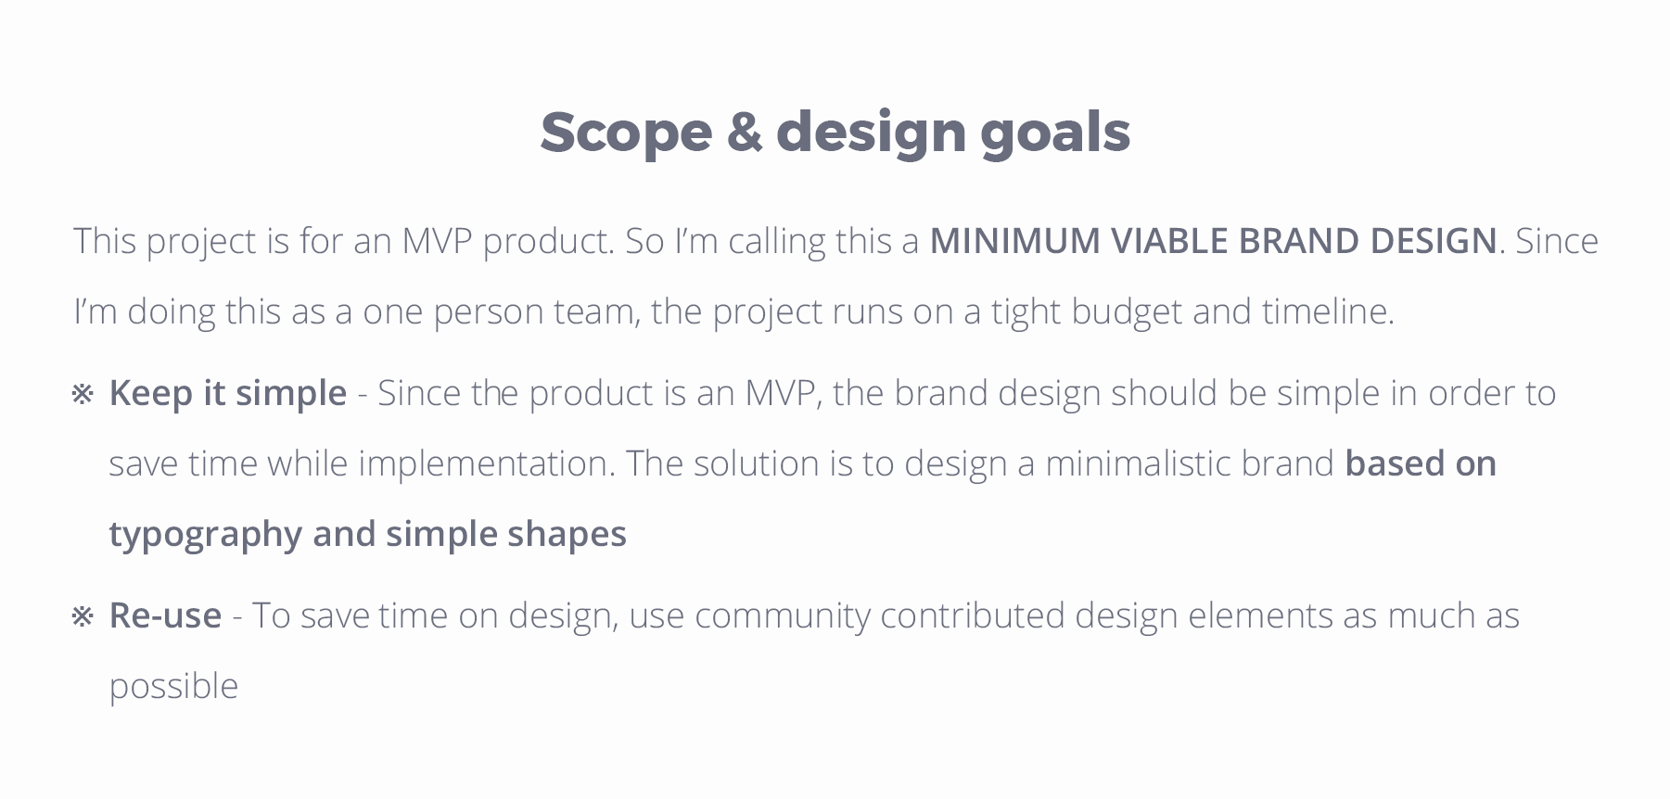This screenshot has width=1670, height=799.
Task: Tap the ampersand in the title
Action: click(x=745, y=132)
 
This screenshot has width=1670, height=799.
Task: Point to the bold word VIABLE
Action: click(x=1169, y=241)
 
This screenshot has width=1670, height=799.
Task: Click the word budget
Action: click(x=1127, y=311)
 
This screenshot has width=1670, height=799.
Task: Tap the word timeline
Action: click(x=1328, y=311)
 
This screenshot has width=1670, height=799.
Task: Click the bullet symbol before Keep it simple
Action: click(x=83, y=395)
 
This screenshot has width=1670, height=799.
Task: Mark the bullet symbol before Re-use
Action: click(x=83, y=617)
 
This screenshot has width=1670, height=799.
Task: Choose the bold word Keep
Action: click(x=151, y=394)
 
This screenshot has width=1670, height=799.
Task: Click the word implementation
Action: click(x=487, y=464)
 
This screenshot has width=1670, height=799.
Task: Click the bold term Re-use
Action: click(x=165, y=615)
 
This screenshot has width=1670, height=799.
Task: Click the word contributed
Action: click(x=973, y=615)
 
